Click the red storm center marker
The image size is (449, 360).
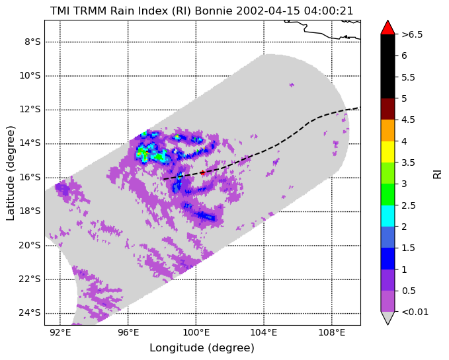click(x=203, y=172)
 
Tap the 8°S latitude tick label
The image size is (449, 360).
click(x=32, y=42)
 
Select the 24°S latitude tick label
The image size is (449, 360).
click(x=30, y=312)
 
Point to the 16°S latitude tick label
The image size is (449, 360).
click(x=30, y=178)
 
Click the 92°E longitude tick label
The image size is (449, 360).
click(x=60, y=332)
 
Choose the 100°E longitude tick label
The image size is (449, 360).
click(x=196, y=332)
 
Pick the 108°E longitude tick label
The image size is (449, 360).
click(x=332, y=332)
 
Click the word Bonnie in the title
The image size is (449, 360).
click(x=214, y=11)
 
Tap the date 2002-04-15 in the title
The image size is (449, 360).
click(x=268, y=11)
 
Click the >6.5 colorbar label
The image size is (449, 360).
click(x=412, y=34)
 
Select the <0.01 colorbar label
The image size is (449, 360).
click(x=415, y=312)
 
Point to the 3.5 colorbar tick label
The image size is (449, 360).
click(x=408, y=162)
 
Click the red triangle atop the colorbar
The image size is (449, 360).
click(x=388, y=28)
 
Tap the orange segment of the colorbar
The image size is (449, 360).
click(x=388, y=130)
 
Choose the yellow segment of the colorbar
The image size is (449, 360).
click(x=388, y=152)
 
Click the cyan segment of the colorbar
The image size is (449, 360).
click(x=388, y=216)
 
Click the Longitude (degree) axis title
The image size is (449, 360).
click(x=202, y=348)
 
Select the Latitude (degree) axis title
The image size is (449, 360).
click(x=10, y=172)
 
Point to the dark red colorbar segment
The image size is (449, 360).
click(x=388, y=109)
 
